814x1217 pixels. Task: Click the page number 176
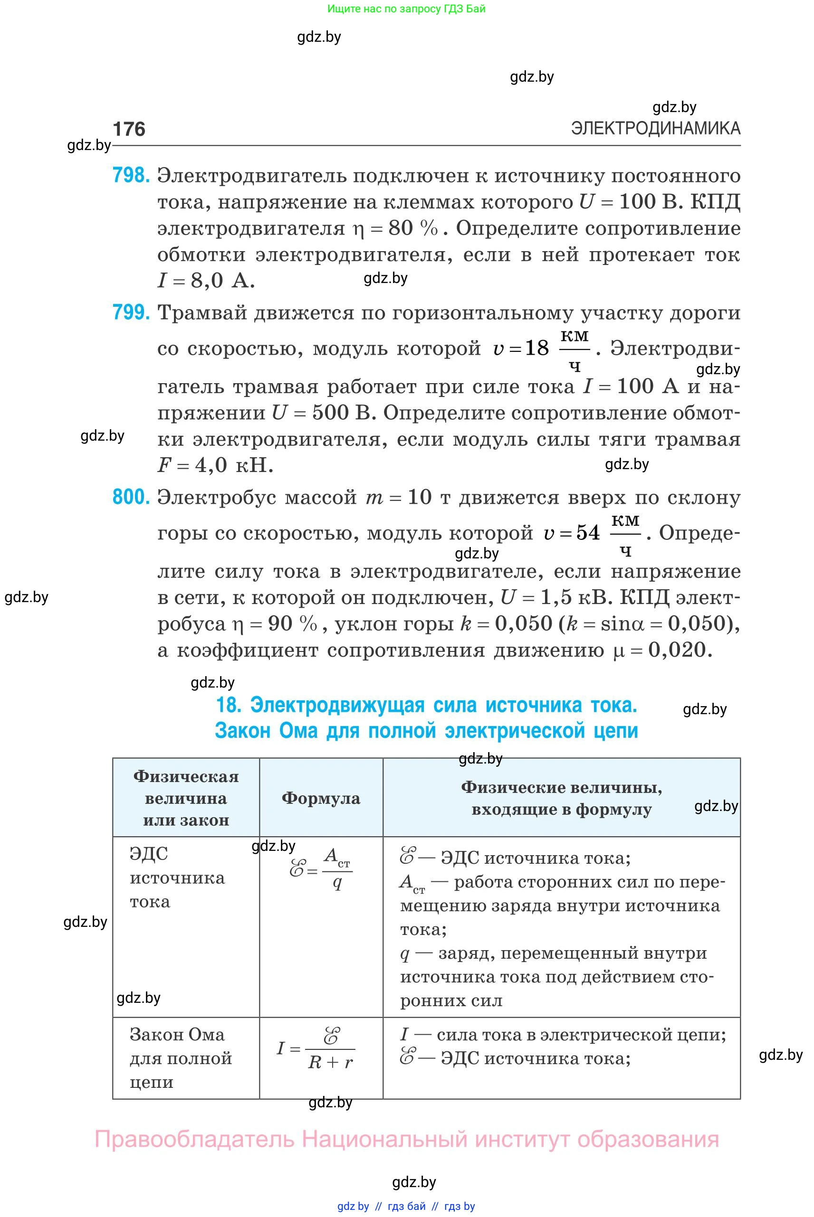(129, 129)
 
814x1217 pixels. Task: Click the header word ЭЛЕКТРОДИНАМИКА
(655, 128)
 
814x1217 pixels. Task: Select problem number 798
(131, 175)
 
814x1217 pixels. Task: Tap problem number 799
(131, 312)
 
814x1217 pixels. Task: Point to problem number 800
(131, 497)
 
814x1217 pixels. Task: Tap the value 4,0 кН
(234, 465)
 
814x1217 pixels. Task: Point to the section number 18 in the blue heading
(228, 705)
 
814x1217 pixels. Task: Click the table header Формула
(321, 798)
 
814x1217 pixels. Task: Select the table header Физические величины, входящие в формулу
(561, 798)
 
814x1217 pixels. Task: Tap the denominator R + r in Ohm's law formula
(330, 1063)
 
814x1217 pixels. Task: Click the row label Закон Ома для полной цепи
(180, 1058)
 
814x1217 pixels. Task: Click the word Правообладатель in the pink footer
(195, 1139)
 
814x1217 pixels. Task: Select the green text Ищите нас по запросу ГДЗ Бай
(406, 9)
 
